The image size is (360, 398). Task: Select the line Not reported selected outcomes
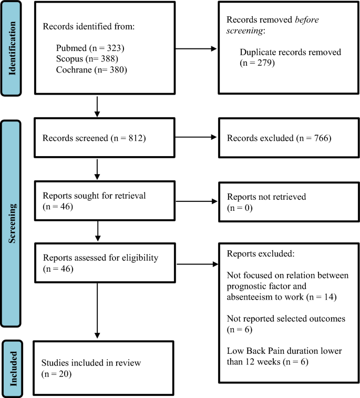(293, 319)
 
